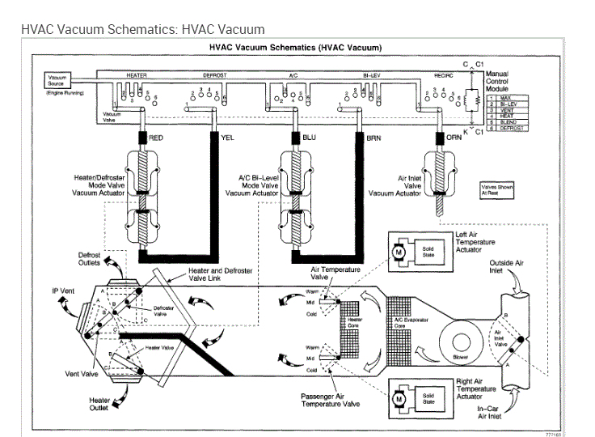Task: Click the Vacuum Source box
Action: tap(57, 80)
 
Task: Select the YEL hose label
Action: tap(228, 138)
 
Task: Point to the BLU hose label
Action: tap(309, 138)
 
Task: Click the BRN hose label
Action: tap(373, 138)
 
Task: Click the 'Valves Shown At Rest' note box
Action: tap(497, 190)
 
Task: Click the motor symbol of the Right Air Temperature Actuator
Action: tap(398, 399)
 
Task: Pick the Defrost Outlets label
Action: tap(83, 259)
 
